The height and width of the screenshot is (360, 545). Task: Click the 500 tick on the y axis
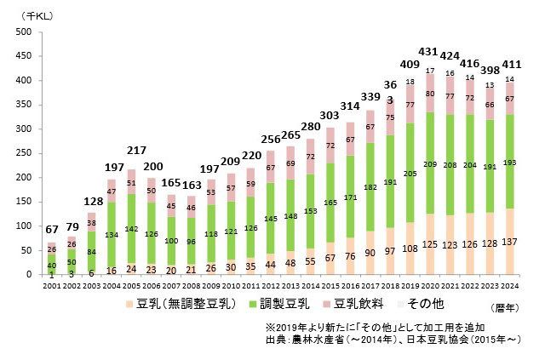23,32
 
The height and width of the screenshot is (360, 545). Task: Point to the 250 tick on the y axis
23,154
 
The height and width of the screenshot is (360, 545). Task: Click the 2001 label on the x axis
51,286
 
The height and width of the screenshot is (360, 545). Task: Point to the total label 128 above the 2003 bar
92,201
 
